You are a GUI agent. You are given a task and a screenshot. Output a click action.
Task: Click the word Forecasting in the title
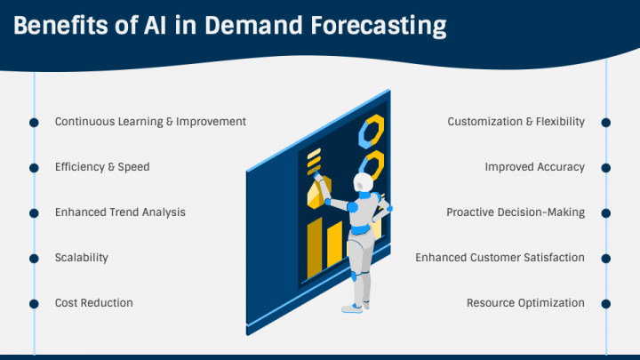click(x=379, y=27)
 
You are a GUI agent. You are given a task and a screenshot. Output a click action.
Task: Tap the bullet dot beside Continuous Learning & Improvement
click(x=35, y=123)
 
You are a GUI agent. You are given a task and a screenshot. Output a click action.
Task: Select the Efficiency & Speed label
click(x=102, y=167)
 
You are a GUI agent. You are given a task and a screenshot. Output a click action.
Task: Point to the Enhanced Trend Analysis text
click(x=120, y=212)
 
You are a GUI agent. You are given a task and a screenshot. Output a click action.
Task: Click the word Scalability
click(x=82, y=258)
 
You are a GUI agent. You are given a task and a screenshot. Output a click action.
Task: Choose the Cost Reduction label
click(x=94, y=303)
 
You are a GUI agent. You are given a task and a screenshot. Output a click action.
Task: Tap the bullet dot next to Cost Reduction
click(x=35, y=304)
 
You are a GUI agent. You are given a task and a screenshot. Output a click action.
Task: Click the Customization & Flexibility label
click(x=516, y=122)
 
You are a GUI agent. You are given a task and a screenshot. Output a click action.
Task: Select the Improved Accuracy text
click(x=535, y=167)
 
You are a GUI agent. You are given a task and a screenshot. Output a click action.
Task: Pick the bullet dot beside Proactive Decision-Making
click(x=606, y=213)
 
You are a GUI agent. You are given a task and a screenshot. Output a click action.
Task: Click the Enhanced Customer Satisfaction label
click(x=500, y=258)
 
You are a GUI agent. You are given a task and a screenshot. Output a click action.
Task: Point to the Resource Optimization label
click(x=525, y=303)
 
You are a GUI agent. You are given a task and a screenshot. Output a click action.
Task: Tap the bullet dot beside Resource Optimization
click(x=606, y=304)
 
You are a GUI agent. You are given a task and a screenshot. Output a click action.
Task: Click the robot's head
click(x=363, y=182)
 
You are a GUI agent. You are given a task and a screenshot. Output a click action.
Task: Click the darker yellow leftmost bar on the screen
click(x=315, y=248)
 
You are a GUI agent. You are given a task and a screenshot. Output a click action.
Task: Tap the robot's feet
click(x=356, y=307)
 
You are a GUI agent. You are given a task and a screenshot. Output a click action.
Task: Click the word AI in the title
click(x=155, y=25)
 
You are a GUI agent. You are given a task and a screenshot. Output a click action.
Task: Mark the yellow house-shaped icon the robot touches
click(x=319, y=192)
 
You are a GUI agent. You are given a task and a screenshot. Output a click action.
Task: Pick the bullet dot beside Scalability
click(x=35, y=259)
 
